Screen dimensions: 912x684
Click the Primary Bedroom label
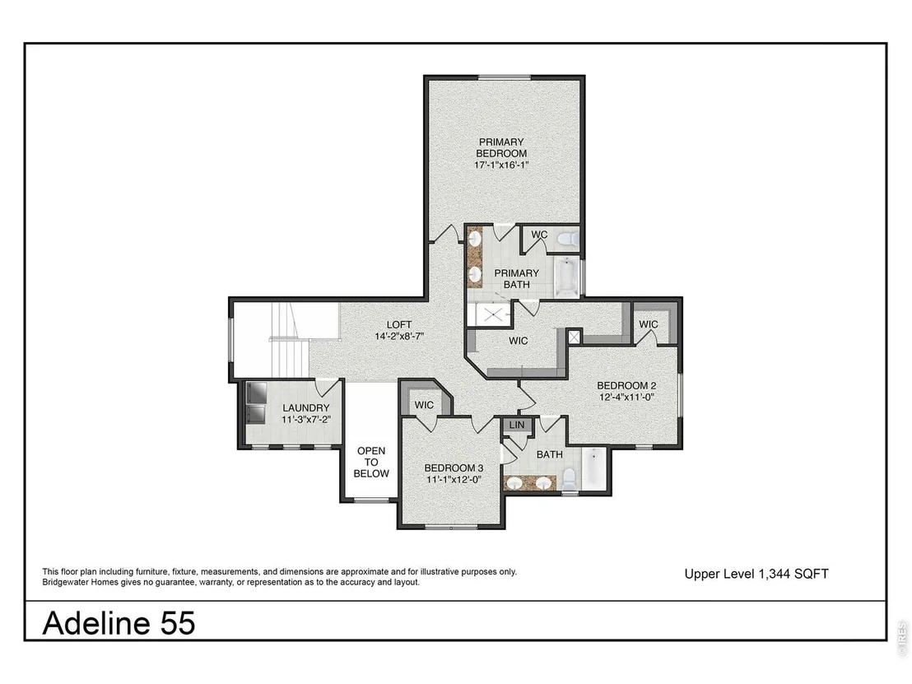click(501, 147)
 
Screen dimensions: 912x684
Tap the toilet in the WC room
click(567, 239)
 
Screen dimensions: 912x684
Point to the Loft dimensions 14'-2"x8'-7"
click(399, 336)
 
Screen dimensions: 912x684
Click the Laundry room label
click(306, 408)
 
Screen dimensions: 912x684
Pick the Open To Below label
click(371, 463)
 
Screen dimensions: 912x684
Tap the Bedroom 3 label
click(454, 468)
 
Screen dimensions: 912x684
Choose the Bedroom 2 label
click(626, 385)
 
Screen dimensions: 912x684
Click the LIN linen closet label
click(516, 426)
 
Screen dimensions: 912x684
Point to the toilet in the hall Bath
click(569, 479)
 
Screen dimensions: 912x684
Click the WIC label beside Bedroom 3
click(424, 406)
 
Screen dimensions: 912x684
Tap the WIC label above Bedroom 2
click(649, 324)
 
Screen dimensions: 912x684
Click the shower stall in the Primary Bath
click(492, 314)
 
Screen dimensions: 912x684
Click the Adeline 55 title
click(119, 623)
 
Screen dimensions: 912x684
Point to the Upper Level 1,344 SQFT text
click(756, 574)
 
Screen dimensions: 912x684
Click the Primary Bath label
click(516, 278)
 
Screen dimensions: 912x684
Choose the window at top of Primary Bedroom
click(505, 77)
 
